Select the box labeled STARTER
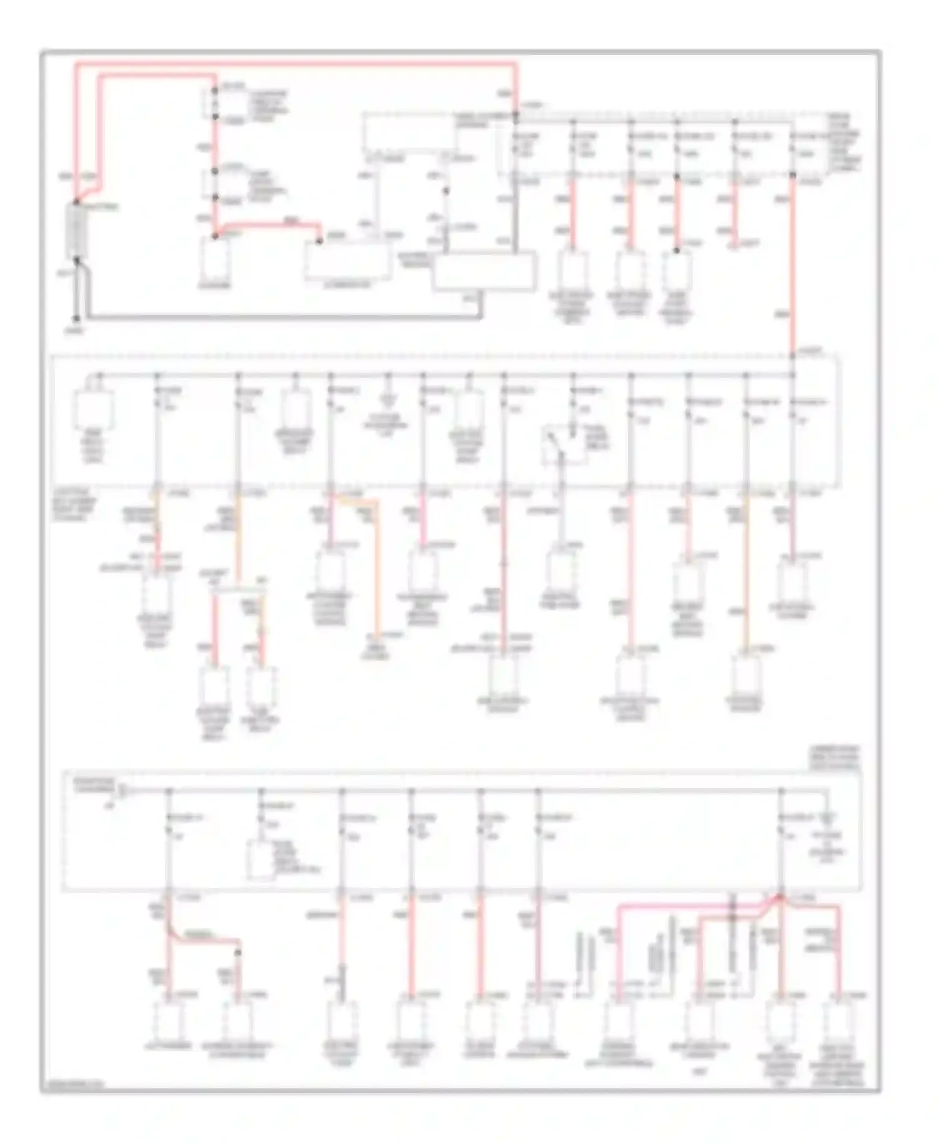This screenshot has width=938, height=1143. pyautogui.click(x=214, y=261)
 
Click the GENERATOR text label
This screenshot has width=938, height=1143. pyautogui.click(x=348, y=285)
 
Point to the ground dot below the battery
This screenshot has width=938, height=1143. pyautogui.click(x=76, y=318)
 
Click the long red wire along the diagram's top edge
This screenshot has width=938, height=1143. pyautogui.click(x=294, y=63)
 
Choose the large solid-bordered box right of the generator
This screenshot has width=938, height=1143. pyautogui.click(x=485, y=271)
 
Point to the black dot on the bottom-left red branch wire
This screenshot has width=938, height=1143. pyautogui.click(x=238, y=953)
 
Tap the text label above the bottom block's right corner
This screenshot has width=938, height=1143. pyautogui.click(x=842, y=757)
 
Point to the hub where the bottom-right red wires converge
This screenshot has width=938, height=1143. pyautogui.click(x=780, y=899)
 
